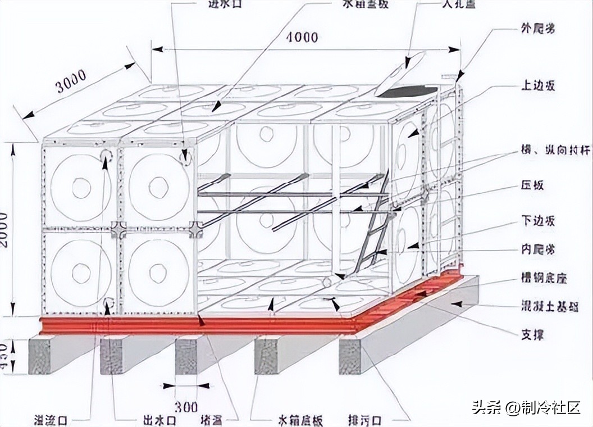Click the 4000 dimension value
[301, 38]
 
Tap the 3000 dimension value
[72, 80]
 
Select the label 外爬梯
[537, 29]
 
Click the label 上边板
[537, 86]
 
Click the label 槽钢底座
[543, 279]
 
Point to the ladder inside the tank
[371, 230]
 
